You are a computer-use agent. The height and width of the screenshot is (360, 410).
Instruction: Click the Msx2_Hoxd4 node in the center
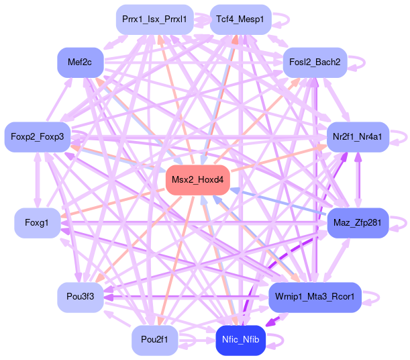point(198,180)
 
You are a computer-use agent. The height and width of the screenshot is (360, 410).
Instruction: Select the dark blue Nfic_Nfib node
point(240,341)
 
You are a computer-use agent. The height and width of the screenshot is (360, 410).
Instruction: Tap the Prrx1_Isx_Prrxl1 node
point(155,19)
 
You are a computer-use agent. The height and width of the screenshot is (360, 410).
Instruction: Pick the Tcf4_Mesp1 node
point(240,19)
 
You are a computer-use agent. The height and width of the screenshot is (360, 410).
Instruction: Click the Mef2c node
point(81,62)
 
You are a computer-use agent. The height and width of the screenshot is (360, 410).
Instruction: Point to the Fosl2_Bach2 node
point(315,62)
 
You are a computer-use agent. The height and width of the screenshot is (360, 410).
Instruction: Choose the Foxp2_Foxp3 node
point(38,137)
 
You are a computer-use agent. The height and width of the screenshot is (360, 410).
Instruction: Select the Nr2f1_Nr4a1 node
point(358,137)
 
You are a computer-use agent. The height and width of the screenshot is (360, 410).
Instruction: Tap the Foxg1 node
point(38,223)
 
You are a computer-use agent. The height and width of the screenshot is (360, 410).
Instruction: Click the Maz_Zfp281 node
point(358,223)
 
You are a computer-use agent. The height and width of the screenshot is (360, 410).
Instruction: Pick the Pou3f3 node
point(81,298)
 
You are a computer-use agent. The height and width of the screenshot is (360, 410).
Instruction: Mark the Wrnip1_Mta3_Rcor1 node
point(315,298)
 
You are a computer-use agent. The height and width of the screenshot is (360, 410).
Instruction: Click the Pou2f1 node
point(155,341)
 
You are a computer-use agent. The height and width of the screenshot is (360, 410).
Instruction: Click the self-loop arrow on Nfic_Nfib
point(275,341)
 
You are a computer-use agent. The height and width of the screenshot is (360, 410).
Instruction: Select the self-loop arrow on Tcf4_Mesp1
point(280,20)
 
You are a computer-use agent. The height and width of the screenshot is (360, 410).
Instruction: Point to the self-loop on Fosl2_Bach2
point(356,62)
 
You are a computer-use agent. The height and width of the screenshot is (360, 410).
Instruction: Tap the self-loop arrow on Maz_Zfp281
point(398,224)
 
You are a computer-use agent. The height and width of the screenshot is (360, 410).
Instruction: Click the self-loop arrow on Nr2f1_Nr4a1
point(399,138)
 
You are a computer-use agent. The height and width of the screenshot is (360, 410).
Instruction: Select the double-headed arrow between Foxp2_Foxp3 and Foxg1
point(38,180)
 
